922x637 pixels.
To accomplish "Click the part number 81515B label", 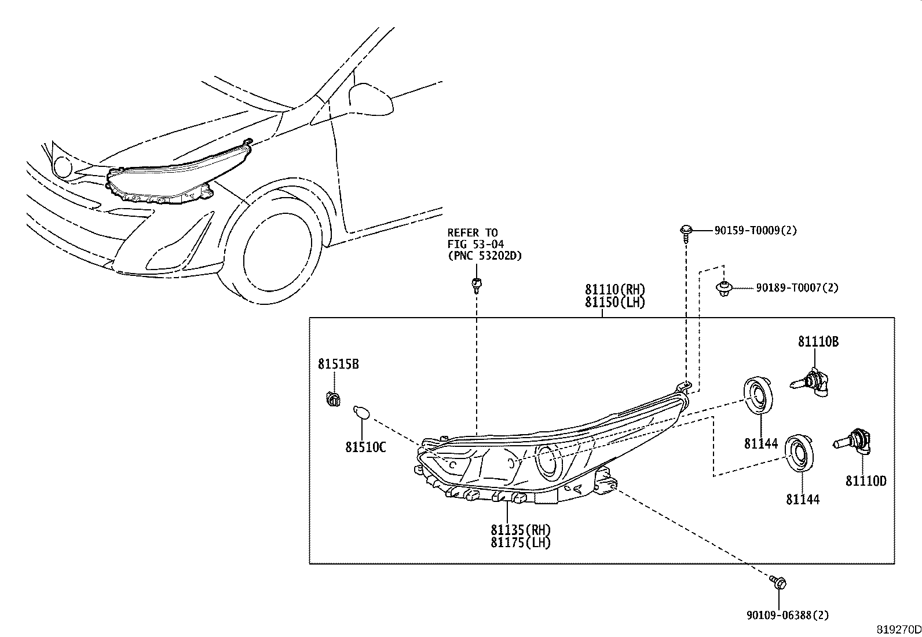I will click(338, 364).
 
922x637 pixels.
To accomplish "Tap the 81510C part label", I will click(365, 447).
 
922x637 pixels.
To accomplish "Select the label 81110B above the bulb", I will click(818, 342).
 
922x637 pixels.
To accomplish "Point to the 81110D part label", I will click(866, 481).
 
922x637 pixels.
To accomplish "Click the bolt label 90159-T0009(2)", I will click(755, 231).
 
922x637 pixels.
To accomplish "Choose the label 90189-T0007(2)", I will click(797, 287).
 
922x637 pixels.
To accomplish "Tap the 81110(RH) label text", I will click(614, 289).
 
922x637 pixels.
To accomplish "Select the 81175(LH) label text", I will click(521, 543).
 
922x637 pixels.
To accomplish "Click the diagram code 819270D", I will click(898, 629).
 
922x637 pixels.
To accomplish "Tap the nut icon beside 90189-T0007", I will click(723, 287).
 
